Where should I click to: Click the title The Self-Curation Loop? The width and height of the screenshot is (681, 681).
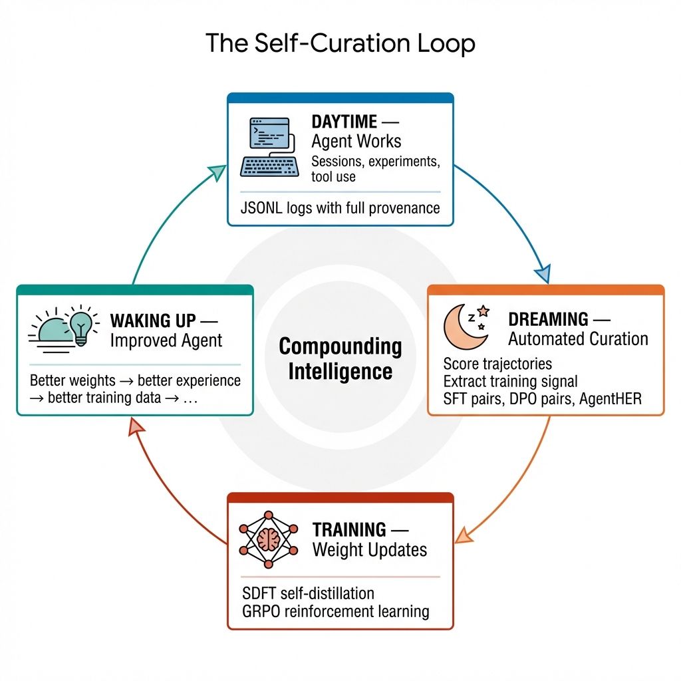point(340,44)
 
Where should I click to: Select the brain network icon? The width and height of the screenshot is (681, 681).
point(269,539)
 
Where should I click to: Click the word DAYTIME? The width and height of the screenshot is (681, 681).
point(344,122)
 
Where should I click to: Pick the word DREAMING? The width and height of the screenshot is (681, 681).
point(548,319)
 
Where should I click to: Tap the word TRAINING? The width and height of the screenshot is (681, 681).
point(349,530)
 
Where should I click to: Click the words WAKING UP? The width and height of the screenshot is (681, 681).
point(153,321)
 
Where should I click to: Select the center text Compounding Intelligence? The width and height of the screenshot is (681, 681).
point(340,358)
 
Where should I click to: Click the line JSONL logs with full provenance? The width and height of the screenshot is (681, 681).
point(340,208)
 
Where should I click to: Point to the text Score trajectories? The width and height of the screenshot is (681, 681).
point(497,364)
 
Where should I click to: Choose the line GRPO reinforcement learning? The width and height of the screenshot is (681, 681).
point(336,611)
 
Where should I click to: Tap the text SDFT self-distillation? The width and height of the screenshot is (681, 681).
point(308,593)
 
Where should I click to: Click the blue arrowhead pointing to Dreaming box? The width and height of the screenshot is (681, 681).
point(543,273)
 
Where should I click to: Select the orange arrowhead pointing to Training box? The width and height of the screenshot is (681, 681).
point(464,533)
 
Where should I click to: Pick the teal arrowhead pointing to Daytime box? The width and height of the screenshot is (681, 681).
point(217,174)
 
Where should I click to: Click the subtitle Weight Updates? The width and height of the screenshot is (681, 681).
point(370,550)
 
